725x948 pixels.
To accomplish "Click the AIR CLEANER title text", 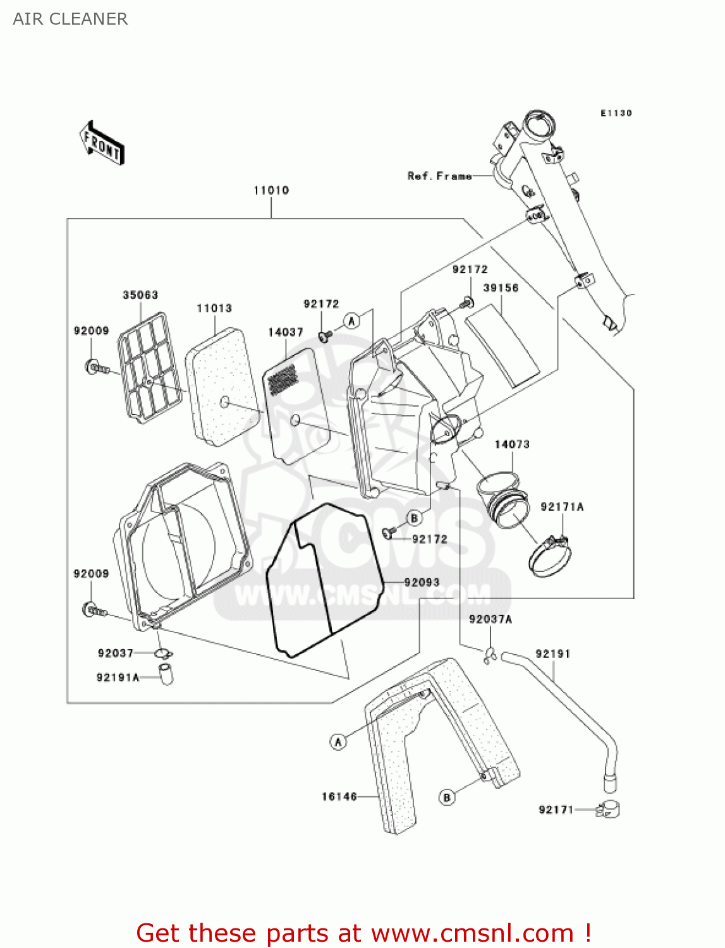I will point(70,19).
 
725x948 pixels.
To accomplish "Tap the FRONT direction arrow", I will point(102,143).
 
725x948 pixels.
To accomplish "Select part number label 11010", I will point(271,190).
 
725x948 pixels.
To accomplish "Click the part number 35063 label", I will point(140,295).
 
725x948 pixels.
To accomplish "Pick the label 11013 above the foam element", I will point(214,308).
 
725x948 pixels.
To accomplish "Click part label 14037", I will point(286,332).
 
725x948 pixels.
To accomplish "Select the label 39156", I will point(501,288).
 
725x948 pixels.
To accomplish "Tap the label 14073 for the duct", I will point(512,444).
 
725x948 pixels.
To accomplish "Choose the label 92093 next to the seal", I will point(422,583).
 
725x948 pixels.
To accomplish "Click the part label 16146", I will point(339,797).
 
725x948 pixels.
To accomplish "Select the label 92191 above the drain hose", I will point(553,654).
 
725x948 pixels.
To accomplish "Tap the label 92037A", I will point(490,619).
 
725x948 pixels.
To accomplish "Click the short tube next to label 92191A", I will point(166,674).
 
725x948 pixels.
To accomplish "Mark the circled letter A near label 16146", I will point(338,741).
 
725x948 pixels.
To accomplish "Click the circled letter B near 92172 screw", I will point(414,518).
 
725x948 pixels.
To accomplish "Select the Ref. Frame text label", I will point(439,176).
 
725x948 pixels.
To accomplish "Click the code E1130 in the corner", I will point(616,113).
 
